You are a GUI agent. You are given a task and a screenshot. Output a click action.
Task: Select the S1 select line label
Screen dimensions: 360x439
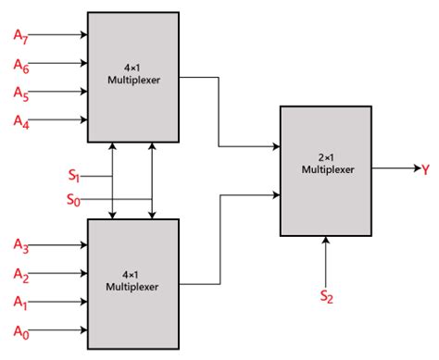(x=73, y=175)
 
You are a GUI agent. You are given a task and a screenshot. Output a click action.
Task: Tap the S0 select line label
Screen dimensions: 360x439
(x=73, y=199)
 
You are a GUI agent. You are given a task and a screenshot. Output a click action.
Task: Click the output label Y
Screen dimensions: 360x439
(x=425, y=170)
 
